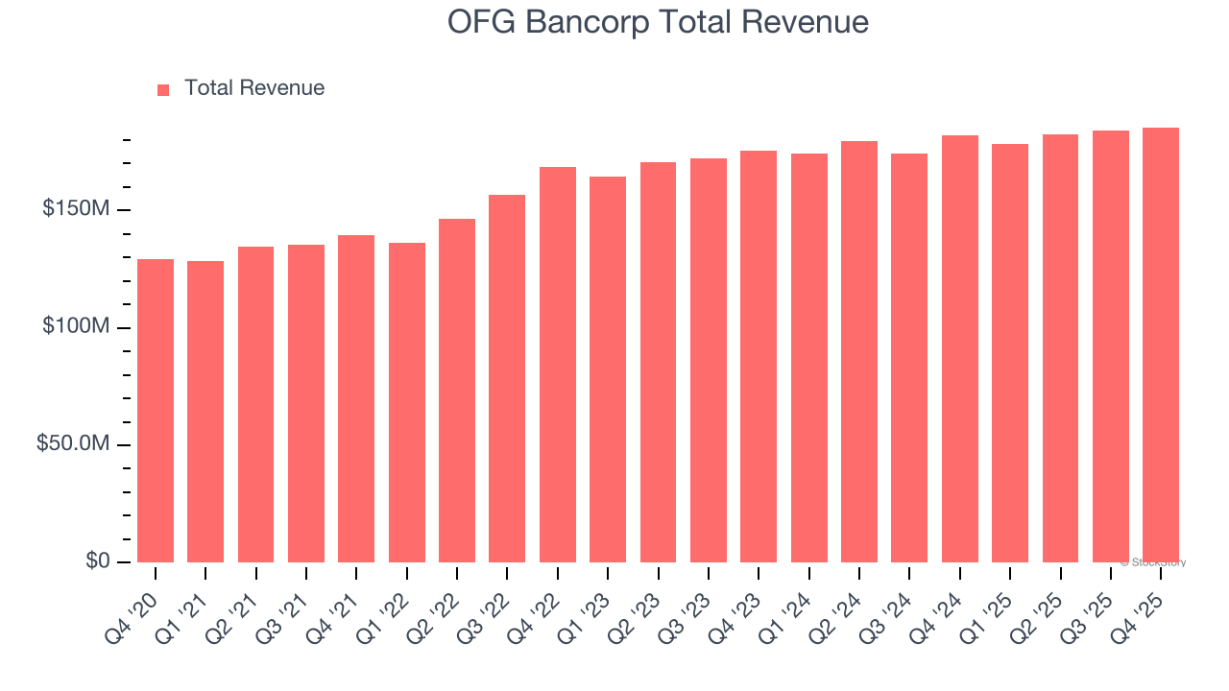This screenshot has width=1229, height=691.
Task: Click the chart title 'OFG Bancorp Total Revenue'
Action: click(x=658, y=23)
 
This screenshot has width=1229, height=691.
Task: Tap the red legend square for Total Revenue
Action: click(x=163, y=89)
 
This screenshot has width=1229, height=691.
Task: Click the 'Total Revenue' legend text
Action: click(x=254, y=88)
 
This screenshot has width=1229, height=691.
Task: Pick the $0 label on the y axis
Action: click(x=96, y=561)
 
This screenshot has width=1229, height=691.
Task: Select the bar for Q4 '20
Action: click(x=156, y=411)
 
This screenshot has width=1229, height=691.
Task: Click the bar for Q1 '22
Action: click(x=407, y=403)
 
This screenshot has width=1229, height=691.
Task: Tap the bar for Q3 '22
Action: click(x=507, y=379)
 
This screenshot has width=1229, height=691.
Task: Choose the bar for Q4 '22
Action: click(x=558, y=365)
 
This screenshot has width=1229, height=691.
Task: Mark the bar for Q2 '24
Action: click(x=859, y=352)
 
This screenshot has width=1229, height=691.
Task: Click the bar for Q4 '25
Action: click(x=1161, y=345)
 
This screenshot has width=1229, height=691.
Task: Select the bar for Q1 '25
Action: click(x=1010, y=353)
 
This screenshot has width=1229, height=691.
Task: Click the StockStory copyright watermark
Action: click(x=1153, y=562)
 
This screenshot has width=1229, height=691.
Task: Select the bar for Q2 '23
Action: click(x=659, y=363)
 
